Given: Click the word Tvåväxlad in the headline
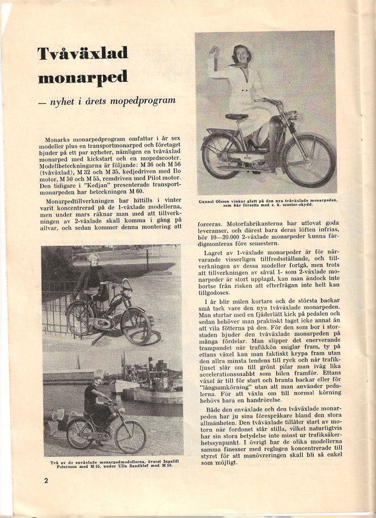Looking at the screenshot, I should click(x=83, y=54).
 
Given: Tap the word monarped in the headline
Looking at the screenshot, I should click(x=83, y=78).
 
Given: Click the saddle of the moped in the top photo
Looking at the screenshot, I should click(x=237, y=117).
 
